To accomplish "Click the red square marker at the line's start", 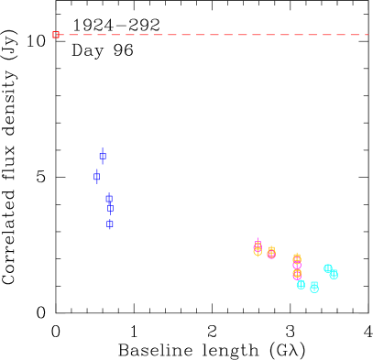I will tap(56, 35).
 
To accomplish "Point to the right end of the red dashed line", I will tap(368, 35).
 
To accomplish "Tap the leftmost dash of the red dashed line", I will tap(64, 35).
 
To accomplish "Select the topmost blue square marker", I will tap(103, 156).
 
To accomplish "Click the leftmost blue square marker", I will tap(96, 177).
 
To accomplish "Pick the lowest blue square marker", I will tap(109, 224).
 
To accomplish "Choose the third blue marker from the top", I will tap(109, 198).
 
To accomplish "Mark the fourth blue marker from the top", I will tap(110, 209).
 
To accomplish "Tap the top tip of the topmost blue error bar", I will tap(103, 147).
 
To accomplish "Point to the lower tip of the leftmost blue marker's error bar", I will tap(96, 184).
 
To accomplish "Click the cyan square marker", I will tap(314, 286).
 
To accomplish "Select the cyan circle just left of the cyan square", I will tap(301, 285).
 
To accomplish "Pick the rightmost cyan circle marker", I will tap(334, 275).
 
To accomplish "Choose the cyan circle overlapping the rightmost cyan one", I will tap(328, 268).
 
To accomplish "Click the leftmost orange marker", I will tap(258, 250).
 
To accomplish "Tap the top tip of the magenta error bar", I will tap(258, 237).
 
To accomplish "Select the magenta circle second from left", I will tap(271, 254).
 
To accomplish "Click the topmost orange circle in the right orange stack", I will tap(297, 258).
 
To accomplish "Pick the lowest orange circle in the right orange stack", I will tap(297, 274).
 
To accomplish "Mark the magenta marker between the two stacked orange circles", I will tap(297, 267).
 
